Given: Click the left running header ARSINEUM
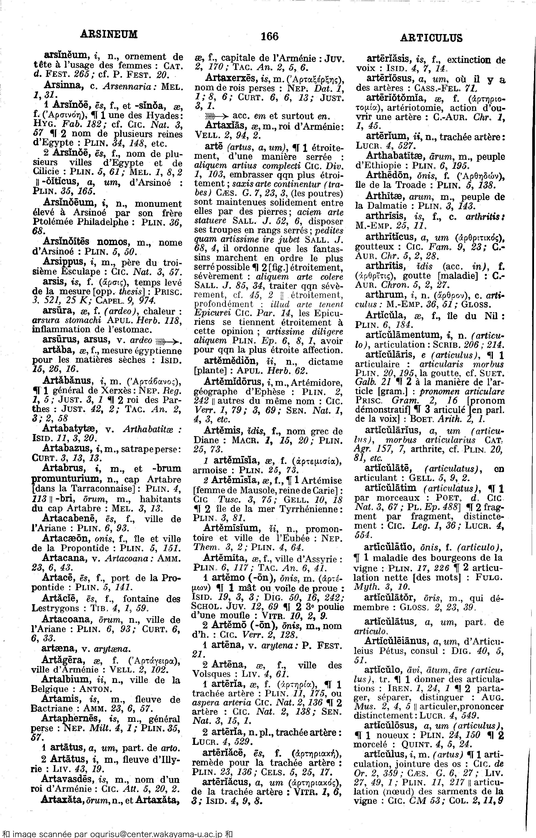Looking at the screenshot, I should tap(109, 34).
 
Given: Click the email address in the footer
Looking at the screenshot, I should tap(155, 834).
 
